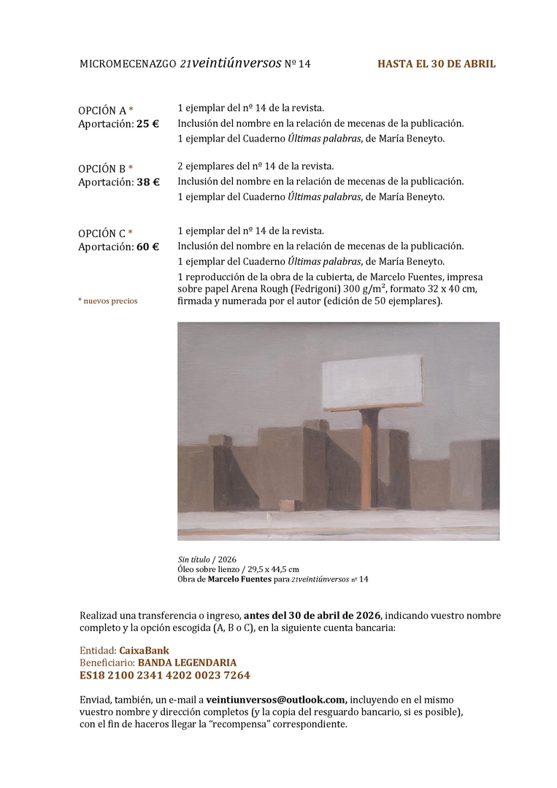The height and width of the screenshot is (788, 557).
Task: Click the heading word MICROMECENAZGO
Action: (128, 64)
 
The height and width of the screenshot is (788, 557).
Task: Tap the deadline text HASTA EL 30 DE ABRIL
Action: (436, 64)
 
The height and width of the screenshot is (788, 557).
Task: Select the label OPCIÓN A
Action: (102, 111)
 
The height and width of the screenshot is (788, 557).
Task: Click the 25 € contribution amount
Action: (147, 124)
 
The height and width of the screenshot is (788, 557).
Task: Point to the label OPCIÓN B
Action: (102, 169)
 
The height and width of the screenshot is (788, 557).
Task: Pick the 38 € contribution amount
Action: (147, 182)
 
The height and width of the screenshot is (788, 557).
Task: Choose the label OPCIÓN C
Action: (102, 233)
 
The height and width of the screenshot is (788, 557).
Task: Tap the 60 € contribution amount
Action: (147, 247)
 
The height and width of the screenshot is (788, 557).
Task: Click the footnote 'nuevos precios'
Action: (110, 301)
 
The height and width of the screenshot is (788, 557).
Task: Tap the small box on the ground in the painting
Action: (291, 505)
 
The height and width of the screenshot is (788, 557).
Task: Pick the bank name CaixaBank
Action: (144, 649)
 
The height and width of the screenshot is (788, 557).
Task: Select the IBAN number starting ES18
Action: (164, 676)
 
